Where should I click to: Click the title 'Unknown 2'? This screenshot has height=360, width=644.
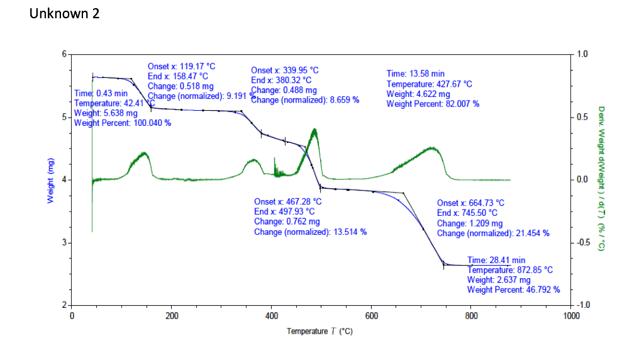click(64, 13)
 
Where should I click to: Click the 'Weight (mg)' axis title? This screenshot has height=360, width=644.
click(50, 180)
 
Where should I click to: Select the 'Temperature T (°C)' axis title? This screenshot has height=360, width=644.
click(319, 331)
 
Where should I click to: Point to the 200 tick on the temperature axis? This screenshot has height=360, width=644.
click(172, 315)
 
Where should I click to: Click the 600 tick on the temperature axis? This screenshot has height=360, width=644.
click(371, 315)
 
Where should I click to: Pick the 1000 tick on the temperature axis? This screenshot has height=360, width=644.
click(570, 315)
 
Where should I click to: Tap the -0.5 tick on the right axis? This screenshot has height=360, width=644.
click(584, 243)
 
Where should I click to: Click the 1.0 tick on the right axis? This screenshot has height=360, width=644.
click(583, 54)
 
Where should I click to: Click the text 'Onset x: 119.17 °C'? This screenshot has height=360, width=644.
click(181, 66)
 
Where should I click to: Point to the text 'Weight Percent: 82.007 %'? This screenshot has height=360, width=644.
click(433, 104)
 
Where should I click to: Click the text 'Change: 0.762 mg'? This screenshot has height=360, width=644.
click(287, 222)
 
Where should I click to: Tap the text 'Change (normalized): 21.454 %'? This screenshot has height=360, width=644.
click(493, 233)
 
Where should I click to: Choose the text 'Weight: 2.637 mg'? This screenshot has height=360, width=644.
click(499, 280)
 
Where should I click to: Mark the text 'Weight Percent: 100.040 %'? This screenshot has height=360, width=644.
click(123, 123)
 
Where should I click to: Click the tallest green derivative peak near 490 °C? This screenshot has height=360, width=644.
click(314, 130)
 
